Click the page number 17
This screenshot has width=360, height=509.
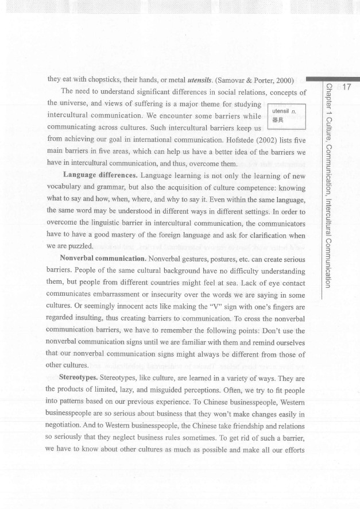pyautogui.click(x=346, y=87)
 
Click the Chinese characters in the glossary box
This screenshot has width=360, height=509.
pyautogui.click(x=278, y=121)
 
